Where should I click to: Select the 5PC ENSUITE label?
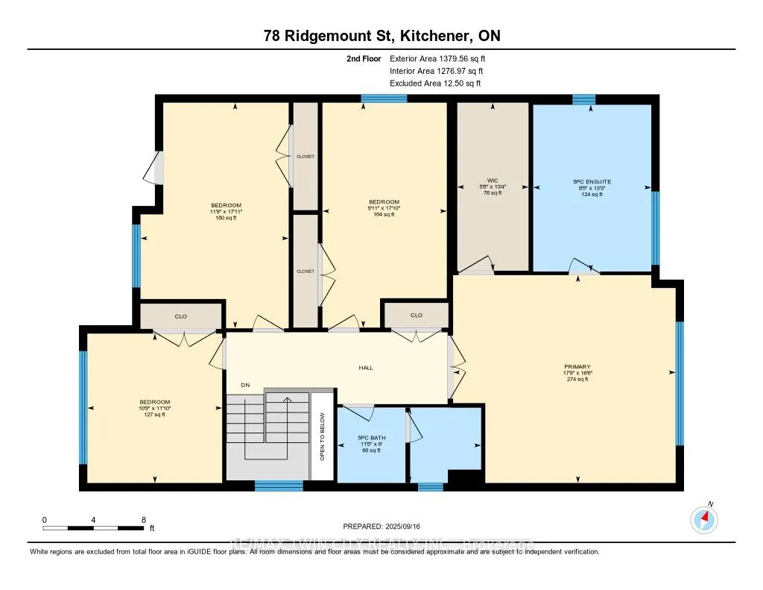[592, 181]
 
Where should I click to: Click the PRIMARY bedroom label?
[577, 366]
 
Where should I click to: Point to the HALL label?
[366, 368]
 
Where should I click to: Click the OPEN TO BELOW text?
[323, 436]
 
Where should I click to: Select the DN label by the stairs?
[244, 385]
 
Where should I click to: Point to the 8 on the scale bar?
[142, 519]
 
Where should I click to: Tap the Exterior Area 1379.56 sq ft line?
[437, 58]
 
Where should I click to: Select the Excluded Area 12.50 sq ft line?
[435, 84]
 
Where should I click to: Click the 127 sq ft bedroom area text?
[153, 415]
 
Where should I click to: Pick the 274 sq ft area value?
[577, 380]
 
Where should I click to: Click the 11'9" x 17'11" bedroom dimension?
[226, 212]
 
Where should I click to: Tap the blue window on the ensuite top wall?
[584, 99]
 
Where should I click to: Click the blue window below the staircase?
[279, 486]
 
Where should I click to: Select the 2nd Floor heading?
[363, 58]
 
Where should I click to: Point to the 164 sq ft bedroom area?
[384, 215]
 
